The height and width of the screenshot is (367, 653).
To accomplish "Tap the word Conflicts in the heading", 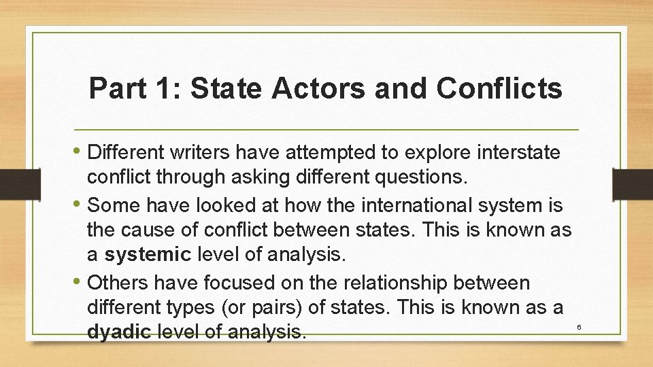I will tap(500, 88).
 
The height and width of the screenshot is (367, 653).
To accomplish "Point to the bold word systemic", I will tap(147, 255).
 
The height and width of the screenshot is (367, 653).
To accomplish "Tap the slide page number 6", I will tap(579, 328).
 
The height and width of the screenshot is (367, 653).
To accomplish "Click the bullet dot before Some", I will tap(79, 204).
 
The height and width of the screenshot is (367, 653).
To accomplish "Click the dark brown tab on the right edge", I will tap(632, 184).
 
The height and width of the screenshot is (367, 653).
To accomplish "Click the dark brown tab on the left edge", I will tap(12, 184).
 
